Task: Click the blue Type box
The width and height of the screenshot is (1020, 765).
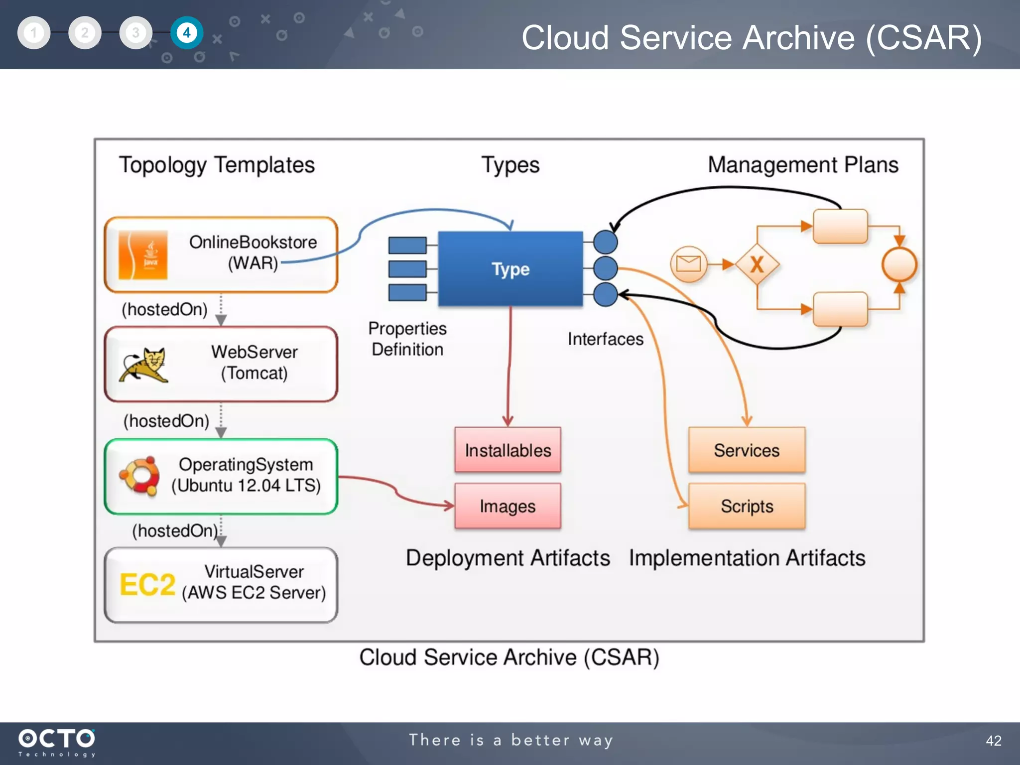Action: coord(510,269)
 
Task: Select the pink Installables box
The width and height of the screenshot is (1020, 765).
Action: coord(508,450)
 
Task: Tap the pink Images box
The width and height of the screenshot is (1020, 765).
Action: coord(508,506)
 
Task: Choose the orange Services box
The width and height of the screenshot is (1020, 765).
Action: coord(747,450)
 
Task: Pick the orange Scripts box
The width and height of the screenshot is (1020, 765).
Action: coord(747,506)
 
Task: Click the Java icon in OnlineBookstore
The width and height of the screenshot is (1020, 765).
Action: coord(143,255)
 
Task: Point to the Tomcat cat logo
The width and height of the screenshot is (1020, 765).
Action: coord(144,365)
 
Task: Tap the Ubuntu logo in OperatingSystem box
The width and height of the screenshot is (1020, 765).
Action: coord(140,476)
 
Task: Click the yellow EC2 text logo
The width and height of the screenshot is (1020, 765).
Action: coord(147,585)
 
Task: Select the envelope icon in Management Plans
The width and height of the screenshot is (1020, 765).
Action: coord(689,264)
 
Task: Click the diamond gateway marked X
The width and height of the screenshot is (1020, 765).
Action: coord(757,264)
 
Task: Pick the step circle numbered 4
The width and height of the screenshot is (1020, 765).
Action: coord(187,33)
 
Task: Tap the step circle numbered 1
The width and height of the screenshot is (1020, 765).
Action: coord(34,33)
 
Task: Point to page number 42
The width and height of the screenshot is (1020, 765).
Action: coord(993,741)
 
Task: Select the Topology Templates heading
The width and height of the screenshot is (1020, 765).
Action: coord(217,165)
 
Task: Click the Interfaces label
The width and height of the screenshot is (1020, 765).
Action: coord(605,339)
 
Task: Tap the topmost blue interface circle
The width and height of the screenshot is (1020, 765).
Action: coord(606,243)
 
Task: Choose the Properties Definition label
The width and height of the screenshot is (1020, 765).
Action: coord(407,339)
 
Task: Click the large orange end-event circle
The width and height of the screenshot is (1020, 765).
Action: coord(899,264)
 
